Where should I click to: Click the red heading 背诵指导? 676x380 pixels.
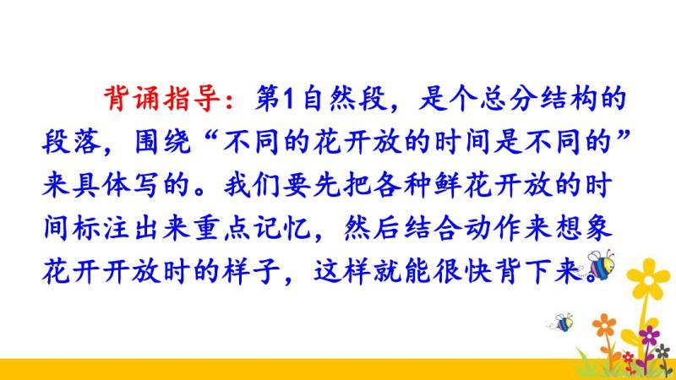162,99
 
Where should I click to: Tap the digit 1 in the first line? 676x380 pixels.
288,99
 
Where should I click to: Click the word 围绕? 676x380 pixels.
162,142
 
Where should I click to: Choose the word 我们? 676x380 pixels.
252,185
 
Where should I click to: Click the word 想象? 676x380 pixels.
583,228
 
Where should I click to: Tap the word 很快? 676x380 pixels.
462,272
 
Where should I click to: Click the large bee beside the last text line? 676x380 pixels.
599,264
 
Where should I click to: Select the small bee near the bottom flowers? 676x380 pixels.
562,323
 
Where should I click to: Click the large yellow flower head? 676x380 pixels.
648,280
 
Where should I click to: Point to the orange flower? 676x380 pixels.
604,326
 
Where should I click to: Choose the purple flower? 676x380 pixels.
649,334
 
